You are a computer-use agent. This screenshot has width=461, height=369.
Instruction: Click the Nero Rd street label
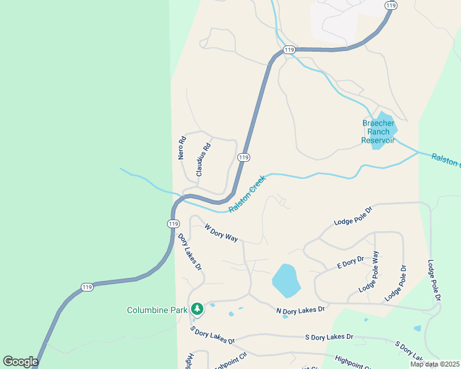click(182, 148)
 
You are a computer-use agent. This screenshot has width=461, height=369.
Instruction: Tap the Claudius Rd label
click(203, 160)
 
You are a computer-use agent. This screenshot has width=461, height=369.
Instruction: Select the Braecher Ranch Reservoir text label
click(378, 132)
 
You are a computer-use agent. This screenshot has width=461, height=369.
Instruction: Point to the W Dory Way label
click(221, 233)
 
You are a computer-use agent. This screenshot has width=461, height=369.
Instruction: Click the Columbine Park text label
click(157, 310)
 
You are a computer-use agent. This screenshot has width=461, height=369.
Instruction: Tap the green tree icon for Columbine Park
click(197, 308)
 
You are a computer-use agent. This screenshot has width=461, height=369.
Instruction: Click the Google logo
click(20, 362)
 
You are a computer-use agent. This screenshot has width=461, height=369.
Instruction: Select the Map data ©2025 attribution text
click(434, 364)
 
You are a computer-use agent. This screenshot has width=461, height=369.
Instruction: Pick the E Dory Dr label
click(351, 264)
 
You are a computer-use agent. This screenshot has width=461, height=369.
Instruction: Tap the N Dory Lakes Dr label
click(300, 311)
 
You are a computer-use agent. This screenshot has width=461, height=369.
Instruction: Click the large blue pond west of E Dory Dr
click(286, 280)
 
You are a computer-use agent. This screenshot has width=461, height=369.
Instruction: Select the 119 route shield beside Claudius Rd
click(243, 157)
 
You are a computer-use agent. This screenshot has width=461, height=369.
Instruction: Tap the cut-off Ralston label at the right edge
click(446, 161)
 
